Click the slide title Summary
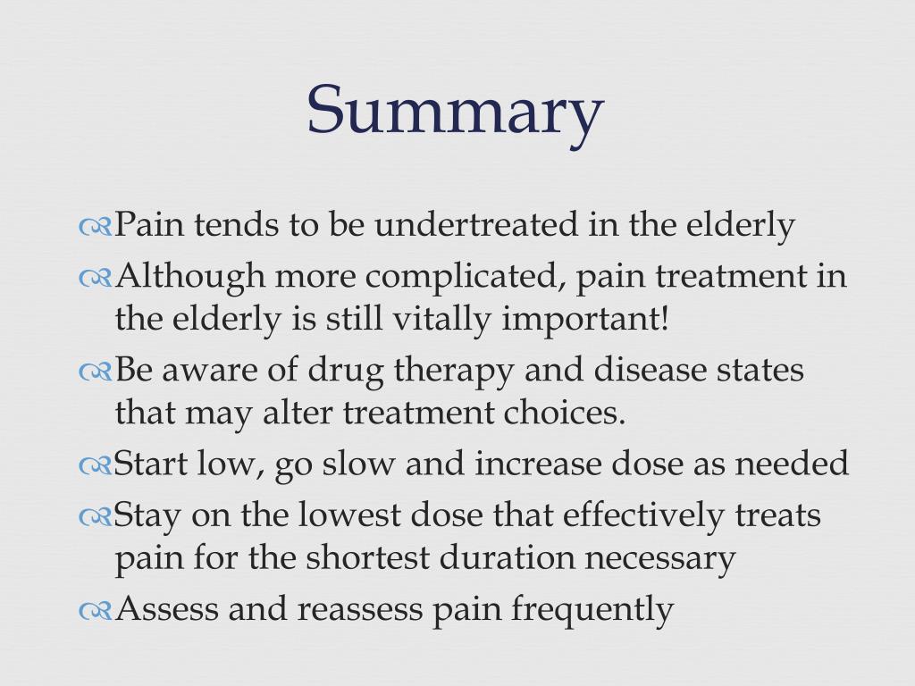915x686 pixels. point(456,110)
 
